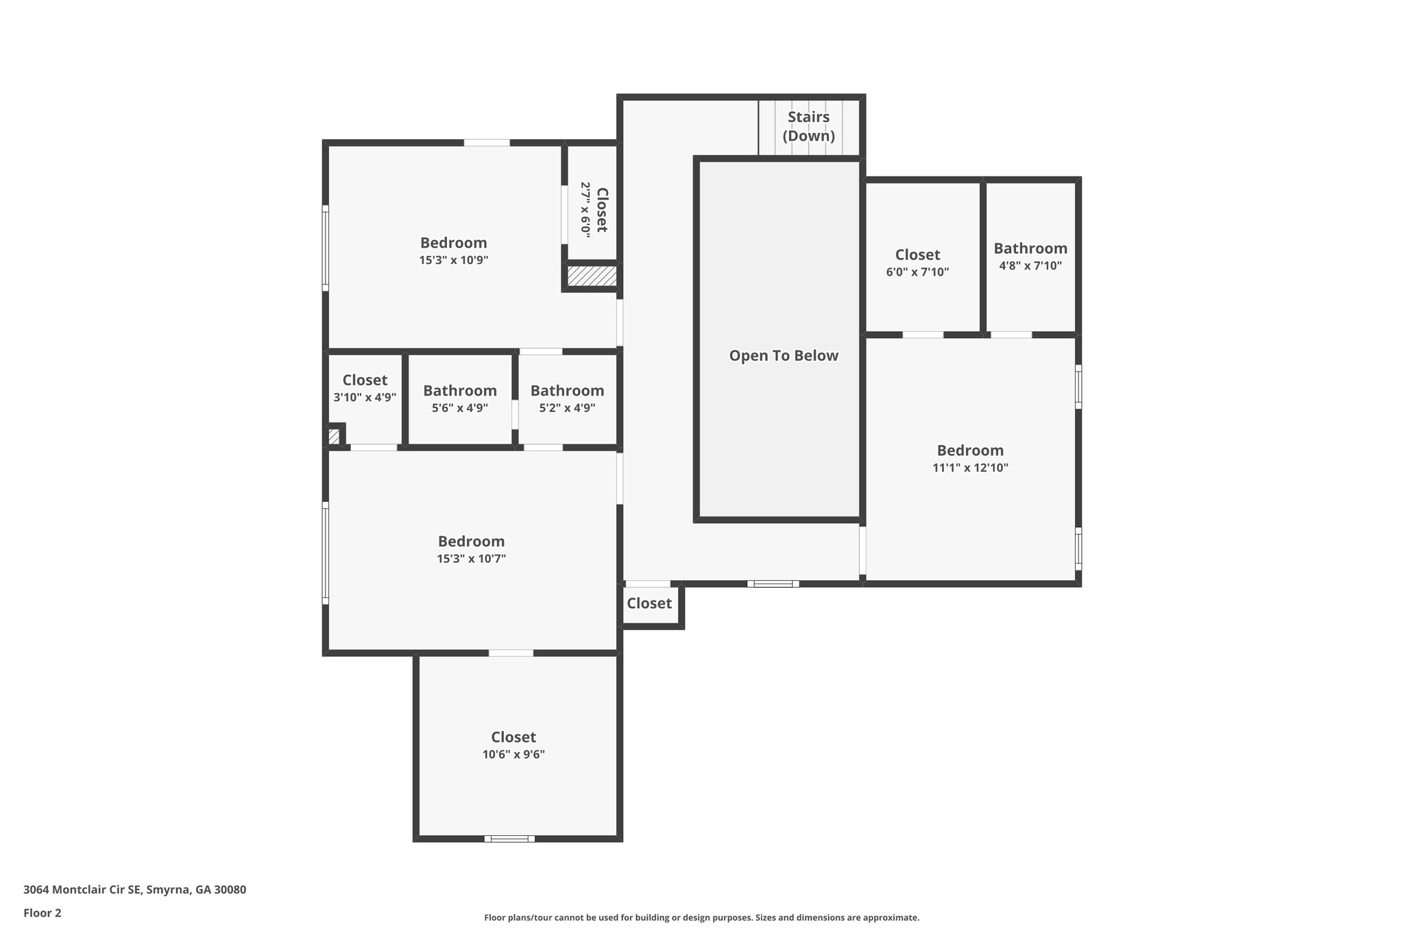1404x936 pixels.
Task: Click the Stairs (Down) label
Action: (x=808, y=126)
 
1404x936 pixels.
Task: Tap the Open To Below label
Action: (x=783, y=355)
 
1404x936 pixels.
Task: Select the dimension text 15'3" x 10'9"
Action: (x=453, y=261)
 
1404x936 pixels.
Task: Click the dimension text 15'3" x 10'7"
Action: (x=471, y=559)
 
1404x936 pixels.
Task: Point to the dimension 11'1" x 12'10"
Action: (x=970, y=468)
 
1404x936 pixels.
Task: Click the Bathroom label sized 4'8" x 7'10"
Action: (x=1030, y=248)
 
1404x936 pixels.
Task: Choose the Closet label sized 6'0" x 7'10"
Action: (x=917, y=255)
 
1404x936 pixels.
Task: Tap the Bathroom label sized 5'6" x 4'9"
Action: (x=459, y=391)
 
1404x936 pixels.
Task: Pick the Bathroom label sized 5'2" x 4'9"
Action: (x=567, y=391)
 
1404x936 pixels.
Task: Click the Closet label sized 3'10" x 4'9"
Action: (x=365, y=380)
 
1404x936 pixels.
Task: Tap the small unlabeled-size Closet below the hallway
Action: (x=649, y=603)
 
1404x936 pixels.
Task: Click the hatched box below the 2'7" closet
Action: (x=592, y=276)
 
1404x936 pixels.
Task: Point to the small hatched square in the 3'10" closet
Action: (x=334, y=436)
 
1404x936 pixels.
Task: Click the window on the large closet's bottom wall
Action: (x=509, y=839)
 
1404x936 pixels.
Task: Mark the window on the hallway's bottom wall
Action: (x=773, y=584)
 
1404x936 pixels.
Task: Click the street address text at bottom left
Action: (x=134, y=890)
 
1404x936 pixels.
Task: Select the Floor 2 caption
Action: (x=43, y=913)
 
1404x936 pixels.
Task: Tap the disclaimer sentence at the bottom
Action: (x=701, y=917)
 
